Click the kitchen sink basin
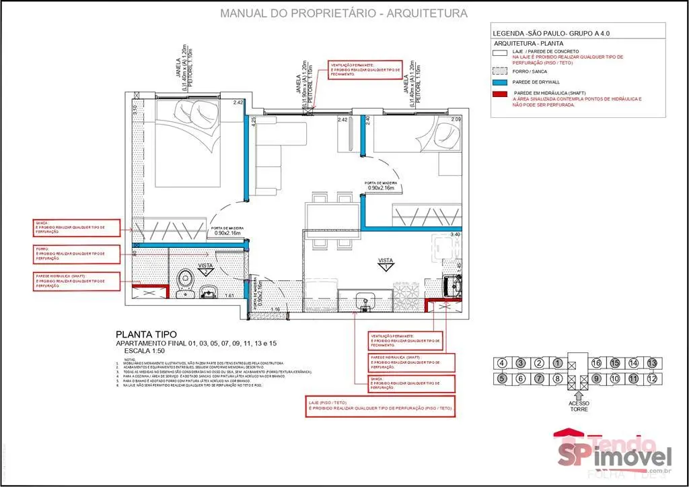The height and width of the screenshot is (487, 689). [365, 298]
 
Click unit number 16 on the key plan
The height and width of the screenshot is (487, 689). [595, 364]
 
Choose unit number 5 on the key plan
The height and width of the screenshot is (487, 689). [502, 379]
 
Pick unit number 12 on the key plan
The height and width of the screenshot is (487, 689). [651, 379]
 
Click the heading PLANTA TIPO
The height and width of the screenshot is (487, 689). [146, 334]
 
